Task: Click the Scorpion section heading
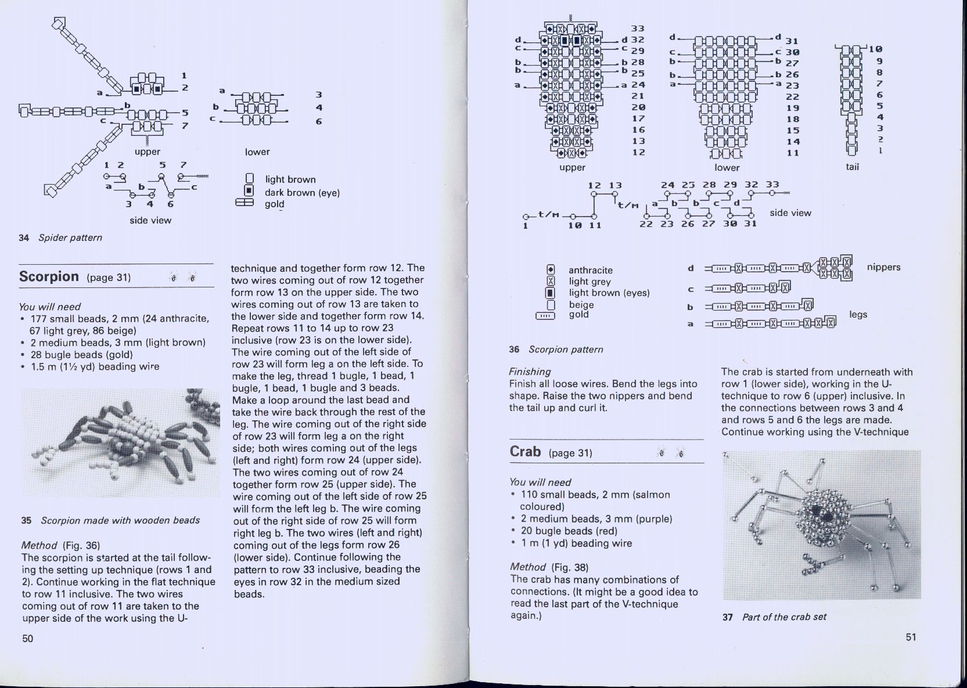(49, 276)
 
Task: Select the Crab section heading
(525, 452)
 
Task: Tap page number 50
(28, 639)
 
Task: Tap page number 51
(911, 637)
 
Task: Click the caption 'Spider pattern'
(70, 237)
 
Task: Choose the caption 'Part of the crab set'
(783, 617)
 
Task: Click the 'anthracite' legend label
(590, 270)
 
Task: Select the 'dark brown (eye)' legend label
(302, 192)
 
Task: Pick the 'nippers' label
(883, 267)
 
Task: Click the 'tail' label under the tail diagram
(852, 167)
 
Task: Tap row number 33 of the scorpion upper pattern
(638, 28)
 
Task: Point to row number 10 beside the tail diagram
(875, 49)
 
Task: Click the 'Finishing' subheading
(530, 372)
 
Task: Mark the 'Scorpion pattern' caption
(565, 349)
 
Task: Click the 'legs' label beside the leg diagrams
(858, 314)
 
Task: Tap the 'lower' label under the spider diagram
(257, 152)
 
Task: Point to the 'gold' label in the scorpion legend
(578, 315)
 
